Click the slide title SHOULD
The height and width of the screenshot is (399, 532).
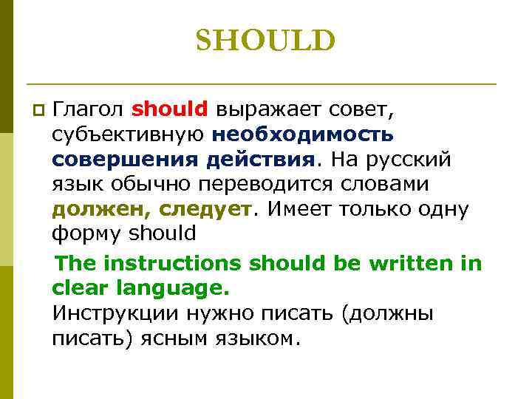point(265,41)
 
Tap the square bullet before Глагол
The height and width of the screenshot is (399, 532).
point(39,111)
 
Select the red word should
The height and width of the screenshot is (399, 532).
point(170,109)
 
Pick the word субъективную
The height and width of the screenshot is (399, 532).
point(129,135)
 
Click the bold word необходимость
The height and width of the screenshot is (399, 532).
point(303,134)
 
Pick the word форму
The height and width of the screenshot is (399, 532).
point(87,234)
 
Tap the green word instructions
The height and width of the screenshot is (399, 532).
point(174,262)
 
